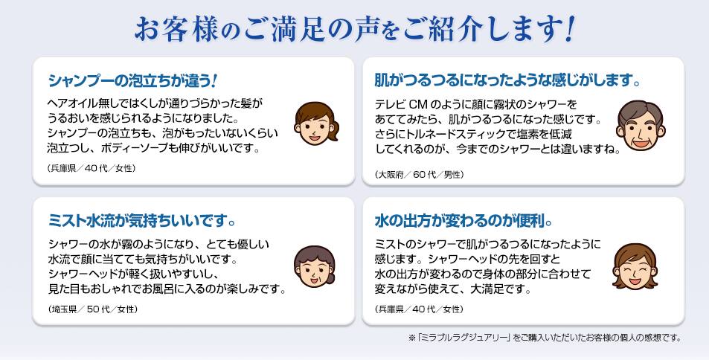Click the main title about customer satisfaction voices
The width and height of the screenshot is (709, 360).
(x=354, y=30)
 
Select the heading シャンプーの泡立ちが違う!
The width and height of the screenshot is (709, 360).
(x=132, y=81)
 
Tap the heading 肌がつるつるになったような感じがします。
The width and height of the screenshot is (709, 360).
(x=508, y=81)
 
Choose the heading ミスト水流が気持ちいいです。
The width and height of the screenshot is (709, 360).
(x=142, y=221)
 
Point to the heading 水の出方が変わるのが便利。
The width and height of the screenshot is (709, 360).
(x=463, y=221)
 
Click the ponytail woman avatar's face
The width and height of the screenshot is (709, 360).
(x=315, y=123)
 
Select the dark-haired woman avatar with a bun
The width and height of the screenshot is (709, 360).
(x=315, y=267)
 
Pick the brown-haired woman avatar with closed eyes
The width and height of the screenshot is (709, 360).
(x=635, y=266)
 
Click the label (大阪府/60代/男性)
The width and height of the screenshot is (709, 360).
(x=419, y=174)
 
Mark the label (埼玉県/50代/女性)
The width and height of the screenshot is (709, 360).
(x=93, y=309)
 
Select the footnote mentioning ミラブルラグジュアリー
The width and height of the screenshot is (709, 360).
(x=545, y=338)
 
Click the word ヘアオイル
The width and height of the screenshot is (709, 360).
(x=72, y=104)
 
